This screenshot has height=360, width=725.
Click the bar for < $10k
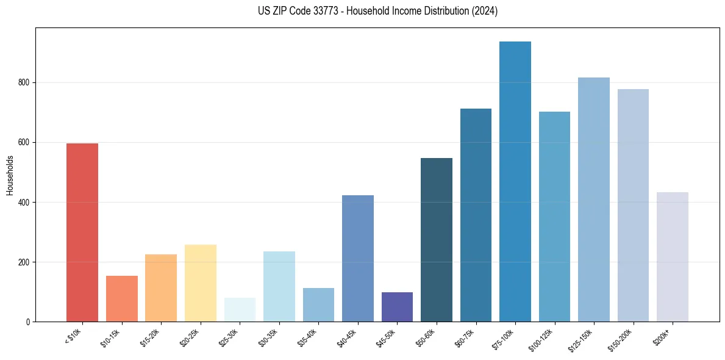coord(82,232)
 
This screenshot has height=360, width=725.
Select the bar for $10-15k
coord(121,298)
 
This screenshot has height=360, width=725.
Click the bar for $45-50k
coord(397,307)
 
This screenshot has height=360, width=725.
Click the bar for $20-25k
coord(201,283)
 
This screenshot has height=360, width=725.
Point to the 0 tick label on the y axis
coord(27,322)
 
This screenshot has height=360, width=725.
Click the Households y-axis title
coord(10,175)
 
